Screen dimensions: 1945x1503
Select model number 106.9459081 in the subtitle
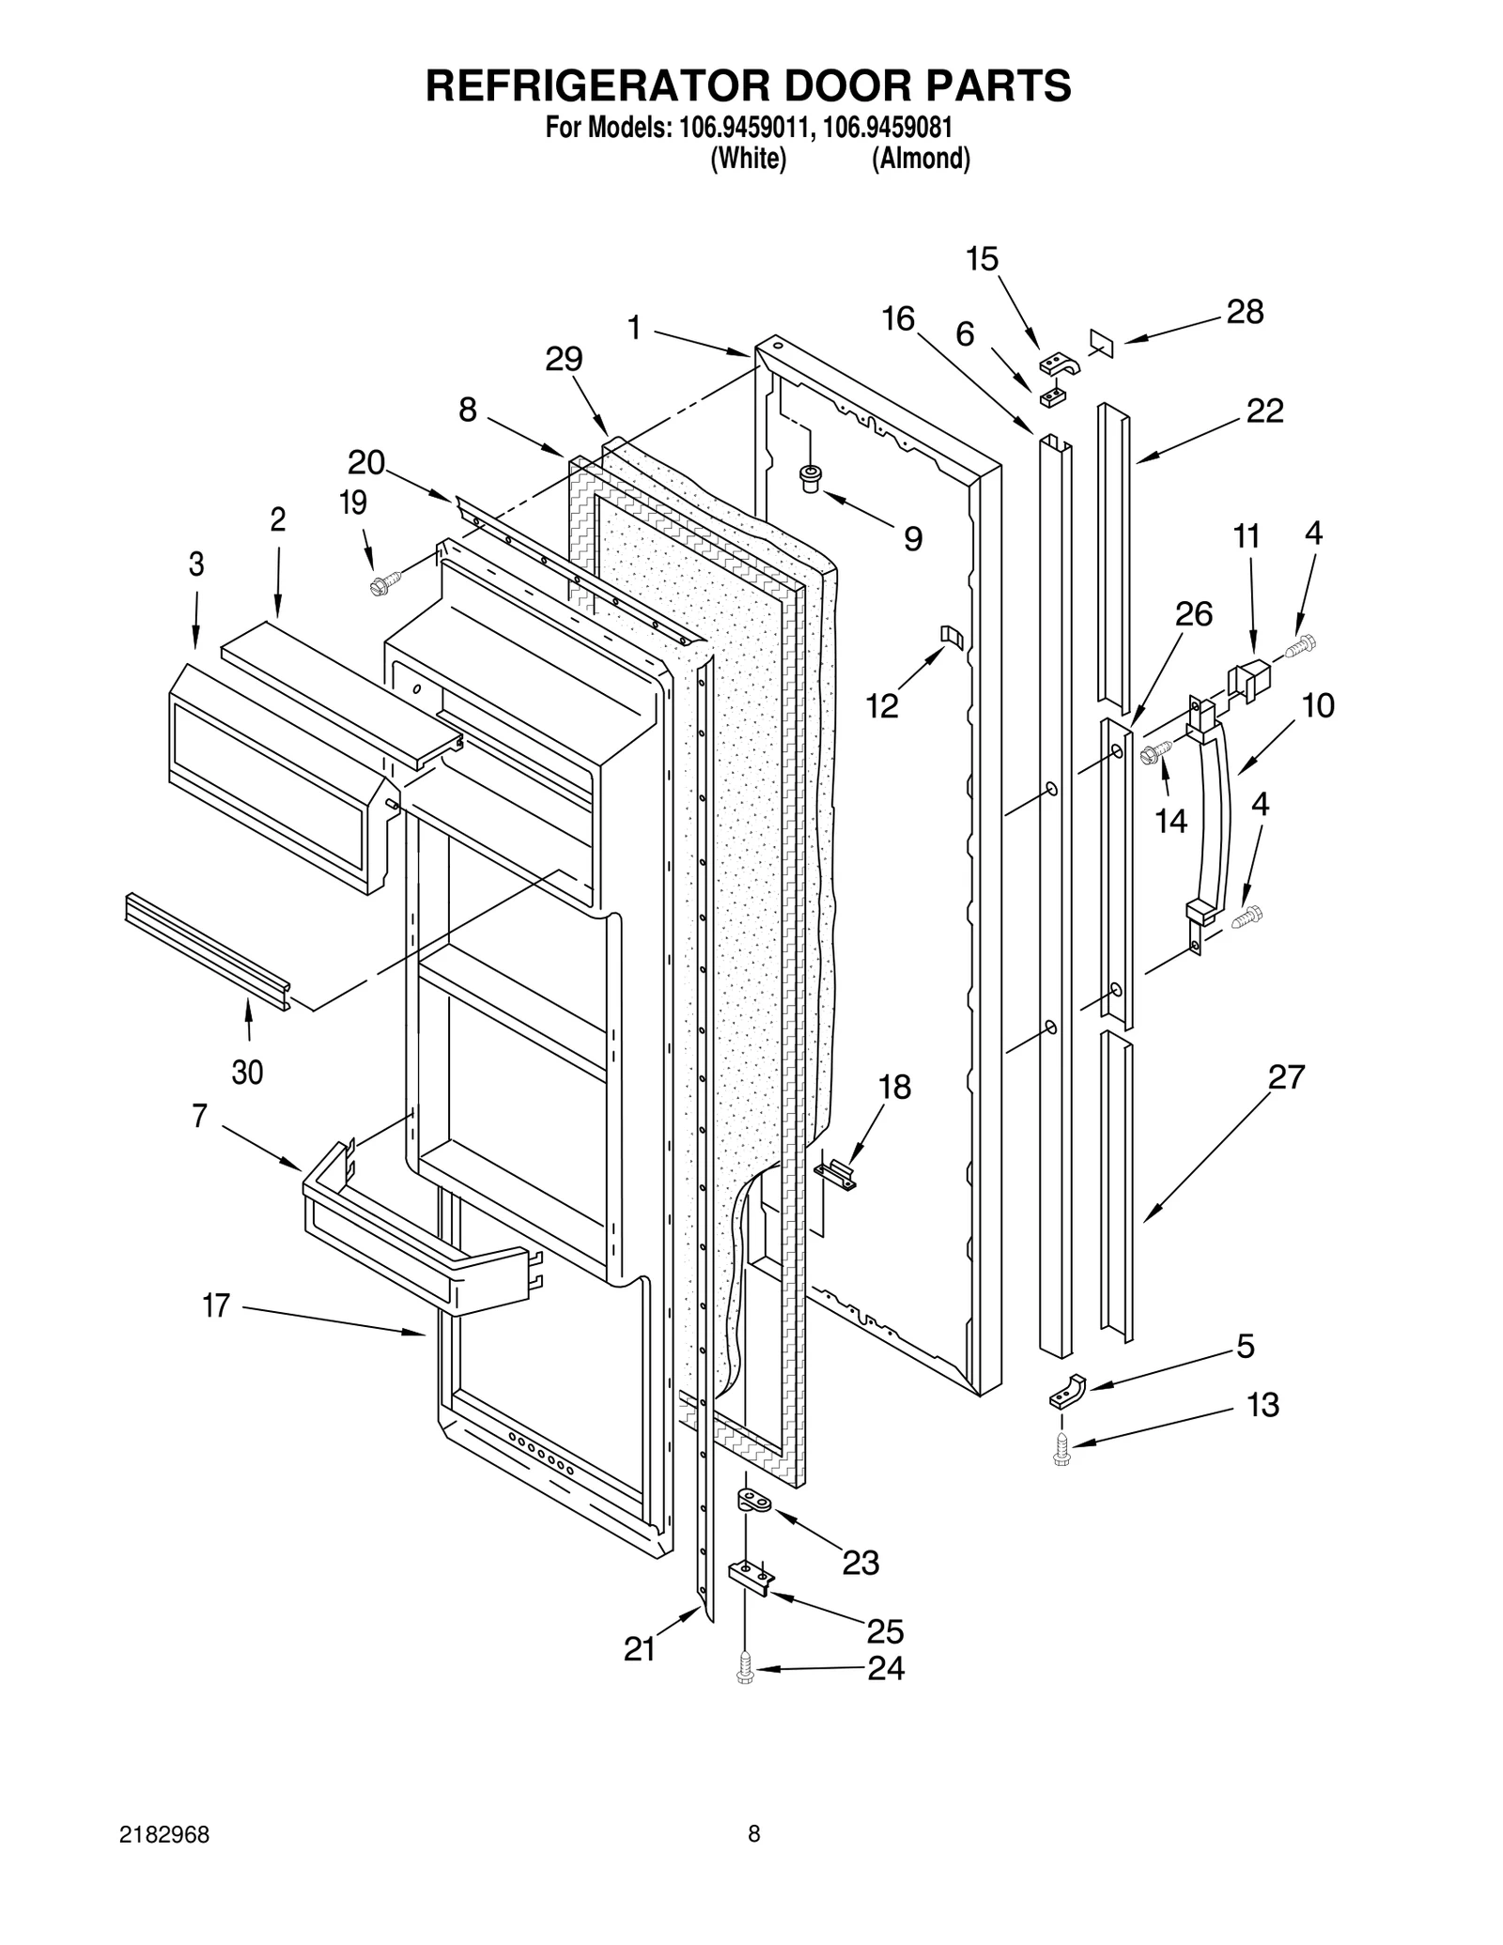[x=888, y=128]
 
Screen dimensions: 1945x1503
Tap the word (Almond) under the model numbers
[x=921, y=159]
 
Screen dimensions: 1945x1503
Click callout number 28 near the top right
[x=1245, y=312]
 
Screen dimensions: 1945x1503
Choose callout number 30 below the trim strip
[x=247, y=1072]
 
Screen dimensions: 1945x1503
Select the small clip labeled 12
[x=952, y=638]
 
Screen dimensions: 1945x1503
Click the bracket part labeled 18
[x=836, y=1174]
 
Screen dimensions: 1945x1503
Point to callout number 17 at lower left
[x=216, y=1305]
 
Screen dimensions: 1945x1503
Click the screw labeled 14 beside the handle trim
[x=1154, y=752]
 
